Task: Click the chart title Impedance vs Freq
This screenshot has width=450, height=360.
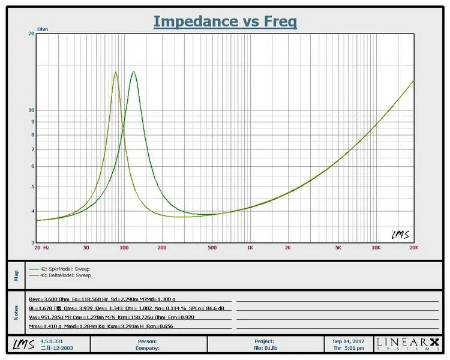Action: [225, 21]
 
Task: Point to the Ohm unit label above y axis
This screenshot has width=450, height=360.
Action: [43, 29]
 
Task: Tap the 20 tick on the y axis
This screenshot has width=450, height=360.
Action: [31, 34]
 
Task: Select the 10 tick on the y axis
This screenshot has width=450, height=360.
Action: [31, 110]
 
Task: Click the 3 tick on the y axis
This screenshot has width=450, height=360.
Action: [32, 243]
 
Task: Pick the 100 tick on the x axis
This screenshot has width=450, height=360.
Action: [124, 247]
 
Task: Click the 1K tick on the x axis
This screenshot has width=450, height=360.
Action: [250, 247]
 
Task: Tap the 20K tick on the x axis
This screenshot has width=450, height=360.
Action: [413, 247]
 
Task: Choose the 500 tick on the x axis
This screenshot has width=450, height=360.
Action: [212, 247]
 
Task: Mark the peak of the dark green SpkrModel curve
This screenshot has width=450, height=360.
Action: [133, 72]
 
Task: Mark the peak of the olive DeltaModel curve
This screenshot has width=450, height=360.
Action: [116, 72]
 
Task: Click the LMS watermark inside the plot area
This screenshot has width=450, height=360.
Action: [400, 235]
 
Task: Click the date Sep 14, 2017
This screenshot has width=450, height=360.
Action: [349, 341]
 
